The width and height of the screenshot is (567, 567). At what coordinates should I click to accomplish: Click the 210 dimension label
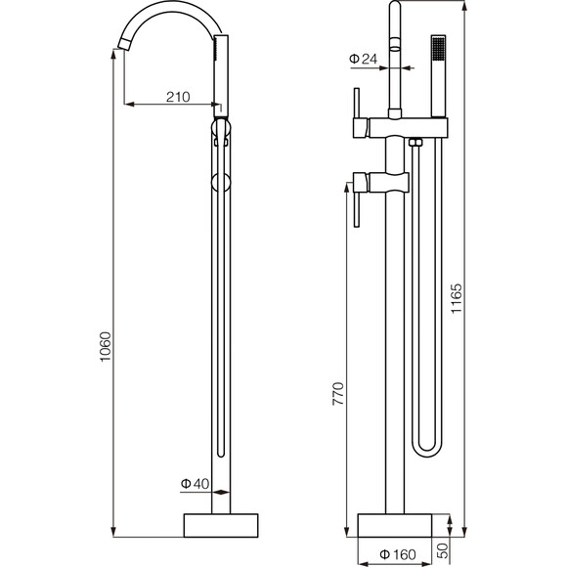point(178,97)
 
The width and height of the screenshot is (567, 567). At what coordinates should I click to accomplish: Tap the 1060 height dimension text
point(106,346)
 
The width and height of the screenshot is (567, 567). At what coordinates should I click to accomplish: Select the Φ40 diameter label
point(195,484)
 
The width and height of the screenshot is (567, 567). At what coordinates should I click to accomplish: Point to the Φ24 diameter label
point(363,59)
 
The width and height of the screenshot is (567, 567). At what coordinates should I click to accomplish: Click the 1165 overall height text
point(457,299)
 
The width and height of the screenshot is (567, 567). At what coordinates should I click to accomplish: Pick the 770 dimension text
point(338,393)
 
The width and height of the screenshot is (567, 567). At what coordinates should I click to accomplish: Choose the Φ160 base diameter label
point(398,554)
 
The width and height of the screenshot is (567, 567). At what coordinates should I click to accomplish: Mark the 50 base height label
point(443,550)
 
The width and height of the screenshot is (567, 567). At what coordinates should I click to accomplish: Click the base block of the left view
point(221,525)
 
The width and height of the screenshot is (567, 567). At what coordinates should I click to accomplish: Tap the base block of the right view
point(395,525)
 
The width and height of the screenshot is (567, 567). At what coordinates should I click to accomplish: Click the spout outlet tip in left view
point(124,44)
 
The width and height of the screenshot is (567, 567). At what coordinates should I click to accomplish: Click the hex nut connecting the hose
point(415,142)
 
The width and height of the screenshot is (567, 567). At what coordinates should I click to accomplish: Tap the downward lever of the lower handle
point(357,209)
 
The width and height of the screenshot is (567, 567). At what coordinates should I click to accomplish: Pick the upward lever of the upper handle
point(357,103)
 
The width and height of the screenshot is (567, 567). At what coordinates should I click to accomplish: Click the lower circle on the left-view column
point(221,182)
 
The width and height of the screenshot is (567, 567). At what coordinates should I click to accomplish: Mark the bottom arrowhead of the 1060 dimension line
point(113,532)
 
